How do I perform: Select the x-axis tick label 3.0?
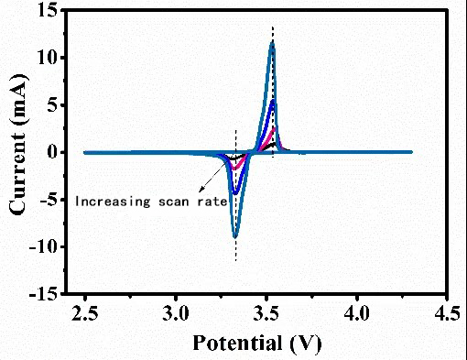click(176, 315)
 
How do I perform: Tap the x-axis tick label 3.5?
click(266, 315)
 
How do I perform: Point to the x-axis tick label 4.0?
click(355, 315)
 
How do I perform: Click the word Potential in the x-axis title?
click(235, 344)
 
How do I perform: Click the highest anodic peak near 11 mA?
click(272, 43)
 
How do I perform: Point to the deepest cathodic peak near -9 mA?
click(236, 236)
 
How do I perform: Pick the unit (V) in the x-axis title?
click(303, 344)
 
